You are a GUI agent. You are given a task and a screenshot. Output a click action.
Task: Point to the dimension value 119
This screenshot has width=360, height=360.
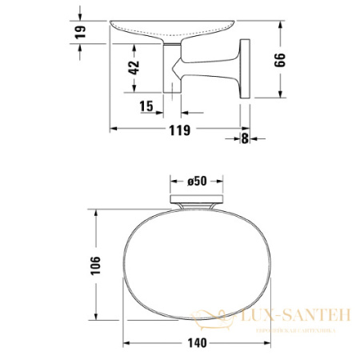[182, 131]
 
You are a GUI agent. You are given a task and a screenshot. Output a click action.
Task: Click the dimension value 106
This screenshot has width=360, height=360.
[95, 266]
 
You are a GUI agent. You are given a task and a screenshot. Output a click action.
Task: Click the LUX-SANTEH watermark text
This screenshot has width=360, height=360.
[296, 318]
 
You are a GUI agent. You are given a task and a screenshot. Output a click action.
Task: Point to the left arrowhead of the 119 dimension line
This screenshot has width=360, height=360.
[112, 126]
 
